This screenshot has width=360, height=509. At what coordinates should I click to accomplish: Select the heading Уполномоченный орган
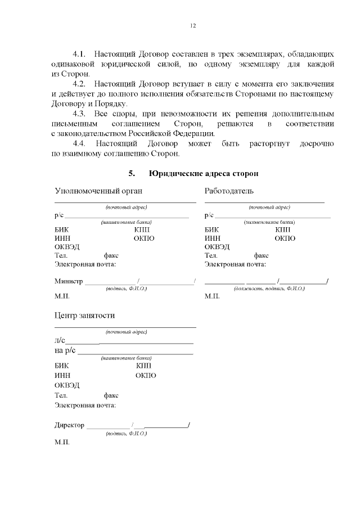click(94, 191)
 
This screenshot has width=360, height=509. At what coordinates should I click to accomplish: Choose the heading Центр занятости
click(84, 316)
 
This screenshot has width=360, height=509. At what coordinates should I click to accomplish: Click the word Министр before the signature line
click(69, 281)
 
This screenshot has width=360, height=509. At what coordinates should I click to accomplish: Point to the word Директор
click(70, 425)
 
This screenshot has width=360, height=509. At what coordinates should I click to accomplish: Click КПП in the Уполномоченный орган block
click(142, 229)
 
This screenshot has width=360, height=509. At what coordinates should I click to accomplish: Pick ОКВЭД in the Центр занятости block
click(67, 385)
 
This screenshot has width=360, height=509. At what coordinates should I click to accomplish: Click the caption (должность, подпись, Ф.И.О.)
click(269, 288)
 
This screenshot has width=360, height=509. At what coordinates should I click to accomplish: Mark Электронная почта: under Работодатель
click(235, 264)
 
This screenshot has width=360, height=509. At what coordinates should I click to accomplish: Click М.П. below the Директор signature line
click(62, 443)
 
